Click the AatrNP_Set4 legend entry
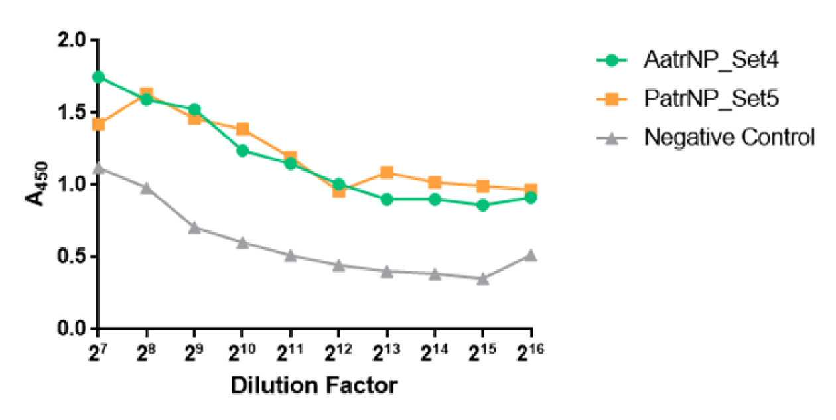(x=711, y=60)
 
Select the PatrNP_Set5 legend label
(x=711, y=99)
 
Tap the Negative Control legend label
(x=729, y=137)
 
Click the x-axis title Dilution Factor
(x=314, y=385)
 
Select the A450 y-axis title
(x=36, y=183)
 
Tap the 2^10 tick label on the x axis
(x=242, y=352)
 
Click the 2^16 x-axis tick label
(x=531, y=352)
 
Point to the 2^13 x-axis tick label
(x=387, y=352)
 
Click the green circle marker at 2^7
(x=98, y=77)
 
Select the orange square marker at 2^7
(x=98, y=124)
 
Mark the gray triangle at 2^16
(x=531, y=255)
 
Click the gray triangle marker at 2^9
(x=194, y=227)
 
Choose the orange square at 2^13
(x=387, y=173)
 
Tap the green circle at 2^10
(x=242, y=151)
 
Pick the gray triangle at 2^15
(x=483, y=279)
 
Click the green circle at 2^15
(x=483, y=205)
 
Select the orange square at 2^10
(x=242, y=129)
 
